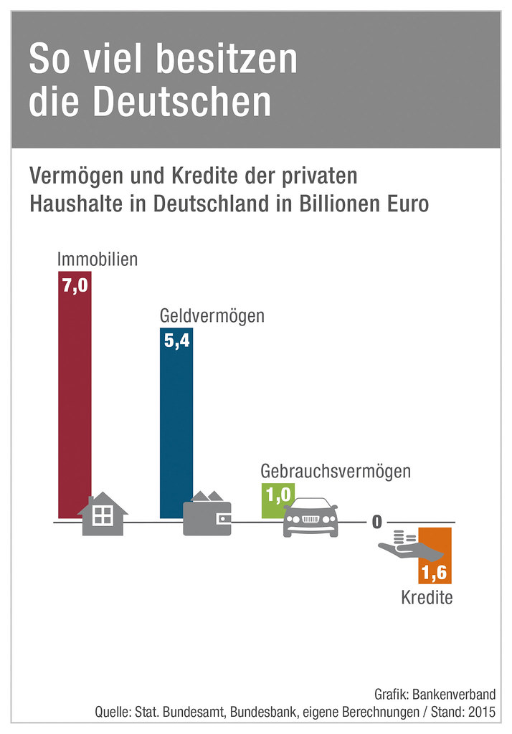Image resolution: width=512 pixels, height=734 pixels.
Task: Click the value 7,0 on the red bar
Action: (x=75, y=285)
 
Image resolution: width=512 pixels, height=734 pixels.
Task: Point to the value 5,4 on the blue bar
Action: (x=176, y=341)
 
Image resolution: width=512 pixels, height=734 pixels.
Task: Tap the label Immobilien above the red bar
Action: (x=98, y=259)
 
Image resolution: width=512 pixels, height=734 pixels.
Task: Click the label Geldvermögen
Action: (x=212, y=315)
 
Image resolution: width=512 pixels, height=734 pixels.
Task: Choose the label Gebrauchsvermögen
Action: (x=336, y=471)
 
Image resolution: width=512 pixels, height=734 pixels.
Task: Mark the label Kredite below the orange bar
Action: (x=427, y=597)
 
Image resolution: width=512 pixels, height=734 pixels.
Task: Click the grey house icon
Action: (x=103, y=514)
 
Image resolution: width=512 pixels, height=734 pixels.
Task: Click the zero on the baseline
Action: (x=376, y=522)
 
